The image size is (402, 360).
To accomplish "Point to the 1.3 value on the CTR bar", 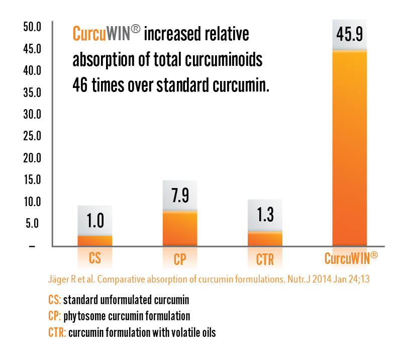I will [x=265, y=214].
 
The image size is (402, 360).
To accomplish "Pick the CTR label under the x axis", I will [x=265, y=259].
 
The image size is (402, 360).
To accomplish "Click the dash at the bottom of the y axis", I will [x=32, y=246].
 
